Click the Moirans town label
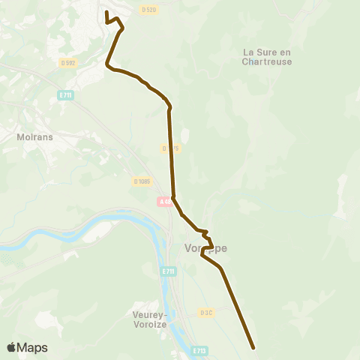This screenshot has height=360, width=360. [33, 137]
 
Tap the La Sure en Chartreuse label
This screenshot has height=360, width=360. [267, 56]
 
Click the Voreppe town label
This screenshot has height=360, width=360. [205, 248]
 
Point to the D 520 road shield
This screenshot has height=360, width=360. [148, 10]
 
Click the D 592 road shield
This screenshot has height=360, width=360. [68, 63]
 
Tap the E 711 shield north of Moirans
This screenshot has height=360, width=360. [64, 95]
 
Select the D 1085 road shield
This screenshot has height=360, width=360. [142, 181]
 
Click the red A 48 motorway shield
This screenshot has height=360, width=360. [165, 201]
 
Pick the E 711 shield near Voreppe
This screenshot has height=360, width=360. [167, 271]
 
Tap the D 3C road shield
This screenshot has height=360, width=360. [207, 312]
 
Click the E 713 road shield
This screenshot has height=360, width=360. [199, 349]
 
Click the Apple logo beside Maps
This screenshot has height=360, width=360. [11, 347]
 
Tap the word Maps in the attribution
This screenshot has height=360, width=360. [32, 348]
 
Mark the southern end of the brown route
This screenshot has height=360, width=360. [253, 347]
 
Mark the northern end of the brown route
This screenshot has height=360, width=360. [106, 13]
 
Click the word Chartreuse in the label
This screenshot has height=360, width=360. [267, 61]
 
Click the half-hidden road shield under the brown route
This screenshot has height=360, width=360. [172, 148]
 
